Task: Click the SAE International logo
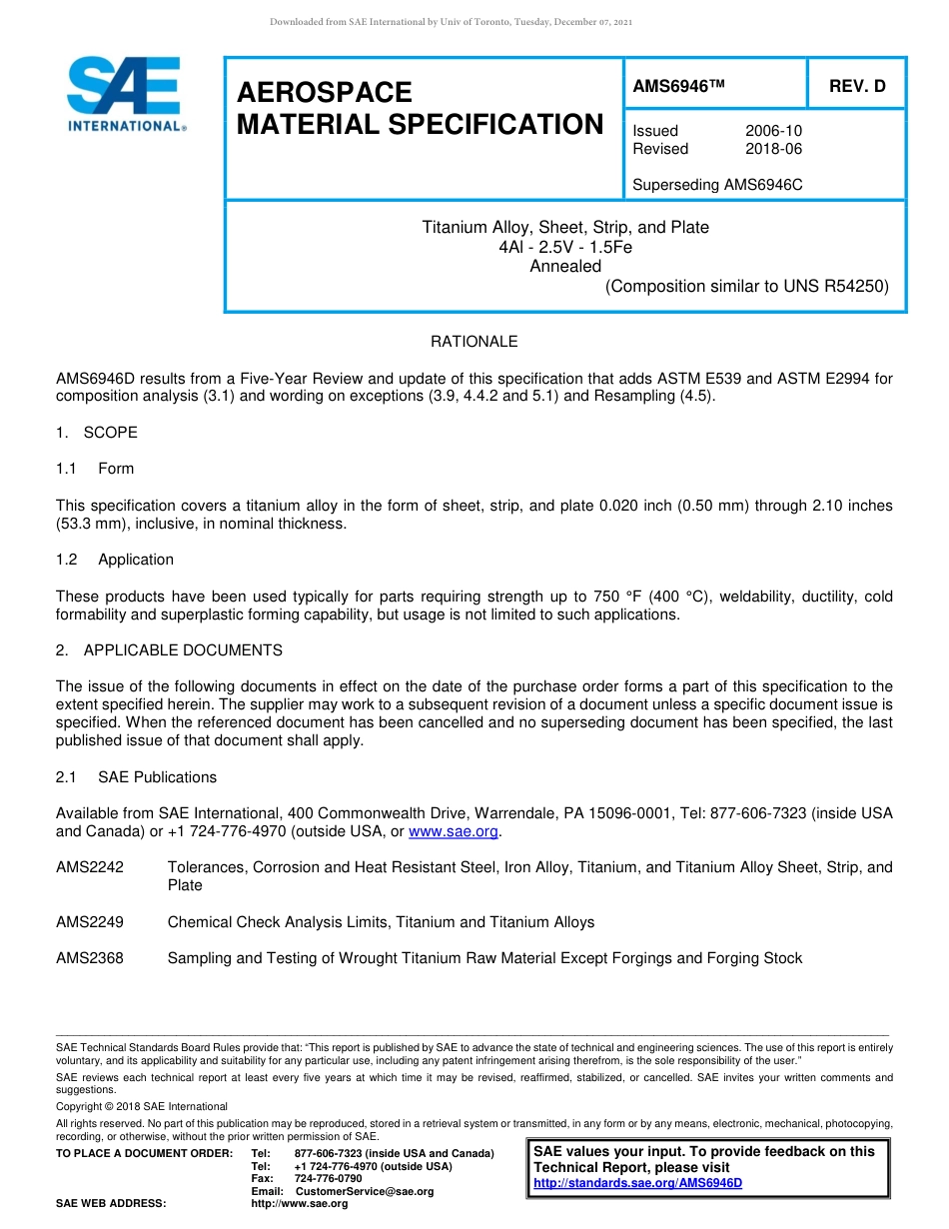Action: coord(126,95)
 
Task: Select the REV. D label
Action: coord(857,87)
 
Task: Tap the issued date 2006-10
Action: coord(773,131)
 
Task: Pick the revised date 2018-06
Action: coord(773,149)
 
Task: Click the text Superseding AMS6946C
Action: coord(717,185)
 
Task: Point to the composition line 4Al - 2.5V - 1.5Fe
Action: coord(564,247)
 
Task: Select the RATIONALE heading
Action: coord(474,342)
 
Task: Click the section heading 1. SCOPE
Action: coord(97,433)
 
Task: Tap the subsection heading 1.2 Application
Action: coord(115,560)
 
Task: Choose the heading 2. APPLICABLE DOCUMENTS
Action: coord(169,650)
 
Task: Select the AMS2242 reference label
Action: coord(90,867)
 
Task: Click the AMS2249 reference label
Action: coord(90,922)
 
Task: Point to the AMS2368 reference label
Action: coord(90,958)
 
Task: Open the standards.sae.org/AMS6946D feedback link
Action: coord(638,1183)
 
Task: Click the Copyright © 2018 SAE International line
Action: coord(142,1106)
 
